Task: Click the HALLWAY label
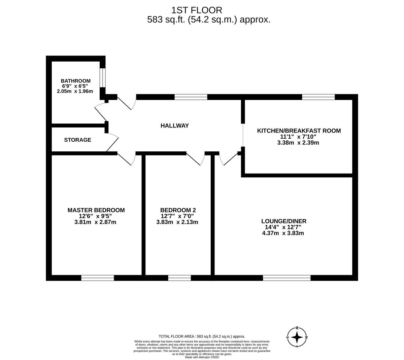click(174, 125)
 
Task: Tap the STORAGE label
click(77, 140)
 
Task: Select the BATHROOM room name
click(75, 81)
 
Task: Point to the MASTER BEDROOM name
click(96, 210)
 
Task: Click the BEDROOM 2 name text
click(178, 210)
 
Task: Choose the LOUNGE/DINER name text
click(284, 221)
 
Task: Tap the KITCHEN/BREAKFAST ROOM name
click(299, 131)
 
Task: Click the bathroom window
click(102, 78)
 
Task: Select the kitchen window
click(318, 97)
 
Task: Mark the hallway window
click(191, 97)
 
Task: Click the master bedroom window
click(98, 278)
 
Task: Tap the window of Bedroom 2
click(179, 278)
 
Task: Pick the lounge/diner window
click(287, 278)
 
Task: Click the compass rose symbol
click(297, 337)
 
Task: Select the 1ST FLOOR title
click(197, 10)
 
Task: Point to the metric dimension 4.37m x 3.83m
click(283, 233)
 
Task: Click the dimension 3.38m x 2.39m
click(298, 143)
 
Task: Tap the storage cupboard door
click(112, 142)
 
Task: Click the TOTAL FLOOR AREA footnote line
click(202, 336)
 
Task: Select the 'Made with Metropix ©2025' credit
click(202, 357)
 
